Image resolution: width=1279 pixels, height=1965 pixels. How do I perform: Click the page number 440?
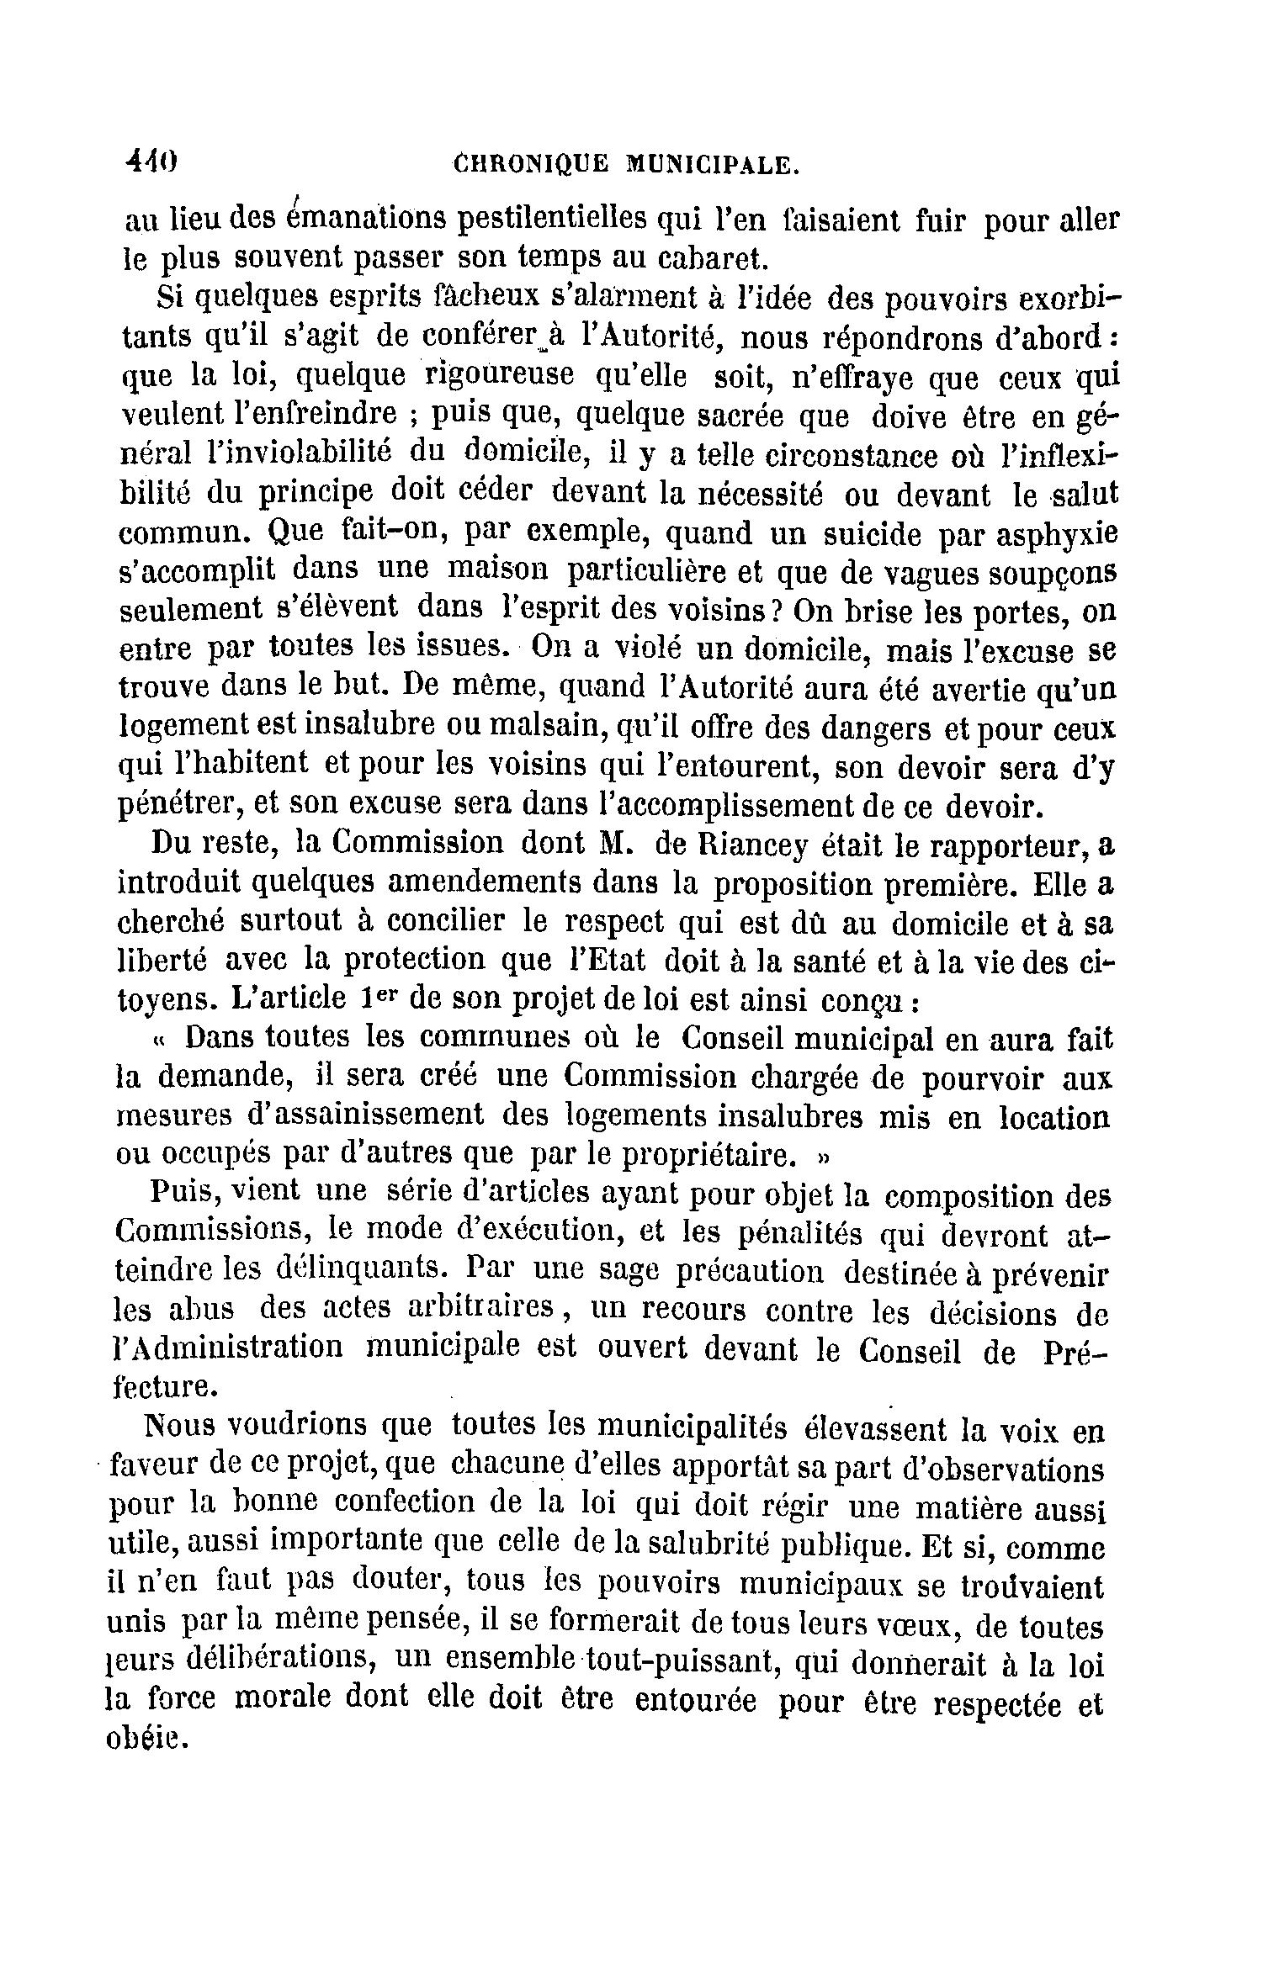pyautogui.click(x=151, y=161)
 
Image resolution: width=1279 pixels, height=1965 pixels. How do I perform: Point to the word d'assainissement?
pyautogui.click(x=365, y=1115)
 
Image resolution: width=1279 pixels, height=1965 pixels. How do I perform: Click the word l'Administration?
pyautogui.click(x=229, y=1347)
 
